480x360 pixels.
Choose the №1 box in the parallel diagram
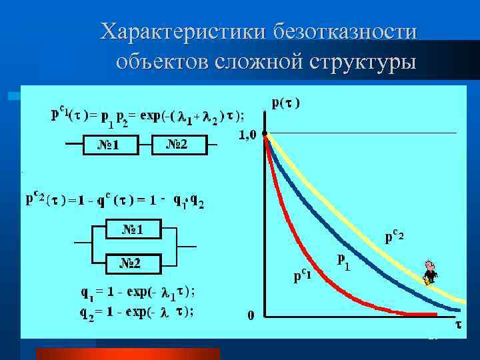[132, 230]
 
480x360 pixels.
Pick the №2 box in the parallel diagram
[131, 263]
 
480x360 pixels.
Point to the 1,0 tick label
[247, 135]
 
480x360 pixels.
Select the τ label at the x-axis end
[458, 325]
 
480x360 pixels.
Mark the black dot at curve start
[265, 135]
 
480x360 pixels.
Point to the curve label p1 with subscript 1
[344, 261]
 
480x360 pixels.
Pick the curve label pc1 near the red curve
[307, 275]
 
